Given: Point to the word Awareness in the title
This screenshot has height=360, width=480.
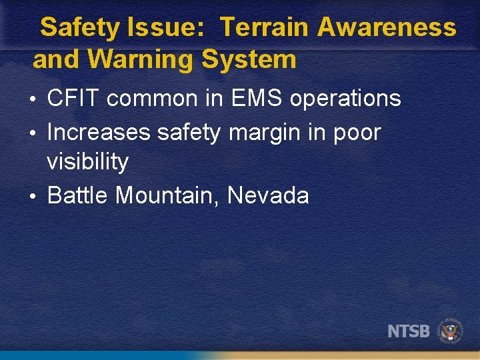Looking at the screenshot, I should (387, 28).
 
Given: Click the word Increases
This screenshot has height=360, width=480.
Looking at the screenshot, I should (99, 132).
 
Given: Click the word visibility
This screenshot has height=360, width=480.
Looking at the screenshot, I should (87, 162).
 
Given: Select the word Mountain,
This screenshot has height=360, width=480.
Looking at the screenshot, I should (168, 197).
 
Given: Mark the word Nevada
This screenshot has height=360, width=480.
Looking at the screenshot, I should (268, 196).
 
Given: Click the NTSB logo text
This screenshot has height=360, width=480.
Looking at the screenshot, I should (409, 331).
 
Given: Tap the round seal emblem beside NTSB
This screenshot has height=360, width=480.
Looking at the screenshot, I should (451, 331).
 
